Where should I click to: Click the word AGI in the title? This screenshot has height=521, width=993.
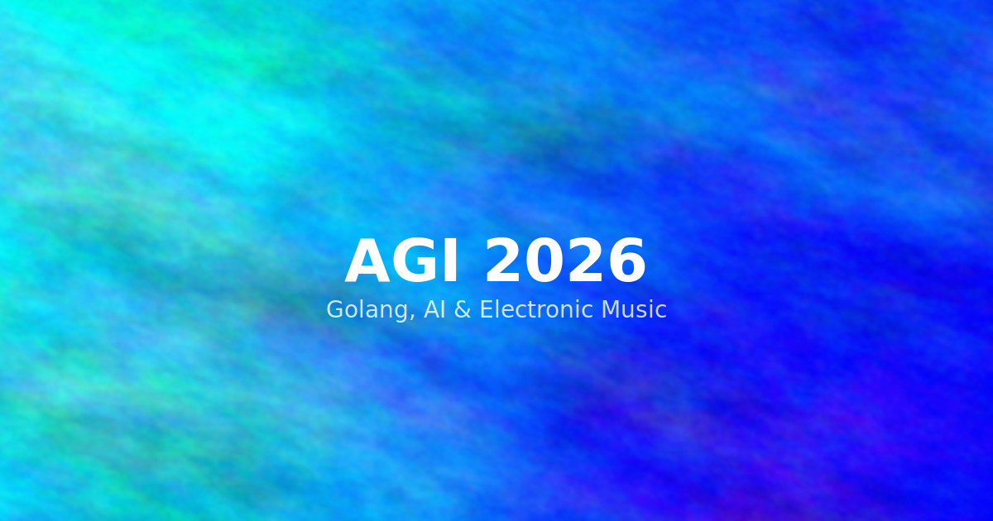pyautogui.click(x=402, y=263)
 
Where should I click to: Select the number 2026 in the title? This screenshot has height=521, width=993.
pyautogui.click(x=564, y=263)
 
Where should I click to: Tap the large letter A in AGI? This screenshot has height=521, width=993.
pyautogui.click(x=368, y=263)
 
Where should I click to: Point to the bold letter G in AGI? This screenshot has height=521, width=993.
pyautogui.click(x=415, y=263)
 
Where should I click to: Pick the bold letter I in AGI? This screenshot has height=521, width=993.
pyautogui.click(x=450, y=263)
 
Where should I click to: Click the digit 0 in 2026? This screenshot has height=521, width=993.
pyautogui.click(x=544, y=263)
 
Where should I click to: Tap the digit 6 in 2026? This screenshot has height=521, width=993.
pyautogui.click(x=626, y=263)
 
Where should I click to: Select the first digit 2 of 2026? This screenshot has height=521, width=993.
pyautogui.click(x=503, y=263)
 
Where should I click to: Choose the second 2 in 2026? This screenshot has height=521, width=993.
pyautogui.click(x=585, y=263)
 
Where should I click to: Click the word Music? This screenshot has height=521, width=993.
pyautogui.click(x=633, y=310)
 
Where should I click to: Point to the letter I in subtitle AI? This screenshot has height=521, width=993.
pyautogui.click(x=443, y=310)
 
